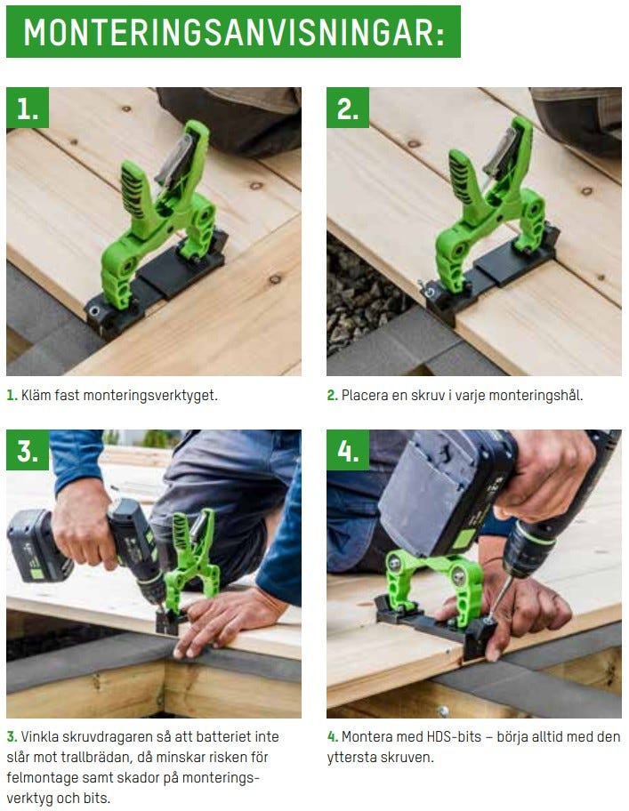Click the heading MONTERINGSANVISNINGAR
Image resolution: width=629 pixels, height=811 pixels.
click(x=234, y=32)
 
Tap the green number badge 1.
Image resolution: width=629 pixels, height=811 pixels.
click(x=28, y=108)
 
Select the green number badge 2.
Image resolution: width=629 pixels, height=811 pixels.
click(x=348, y=108)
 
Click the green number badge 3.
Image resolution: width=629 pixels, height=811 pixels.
click(x=28, y=451)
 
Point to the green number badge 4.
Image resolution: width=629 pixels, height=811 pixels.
click(x=348, y=451)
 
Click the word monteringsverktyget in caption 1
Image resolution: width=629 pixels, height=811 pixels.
click(x=150, y=396)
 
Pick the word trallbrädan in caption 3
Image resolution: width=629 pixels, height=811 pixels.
click(x=95, y=758)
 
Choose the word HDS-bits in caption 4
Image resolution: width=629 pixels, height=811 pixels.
click(x=454, y=736)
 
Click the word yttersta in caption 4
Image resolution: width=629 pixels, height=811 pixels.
click(x=351, y=758)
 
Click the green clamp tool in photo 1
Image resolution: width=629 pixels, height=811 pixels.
click(x=159, y=217)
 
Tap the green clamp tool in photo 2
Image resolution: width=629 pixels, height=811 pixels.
click(x=487, y=212)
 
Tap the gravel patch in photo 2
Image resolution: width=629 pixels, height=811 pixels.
click(x=362, y=290)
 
